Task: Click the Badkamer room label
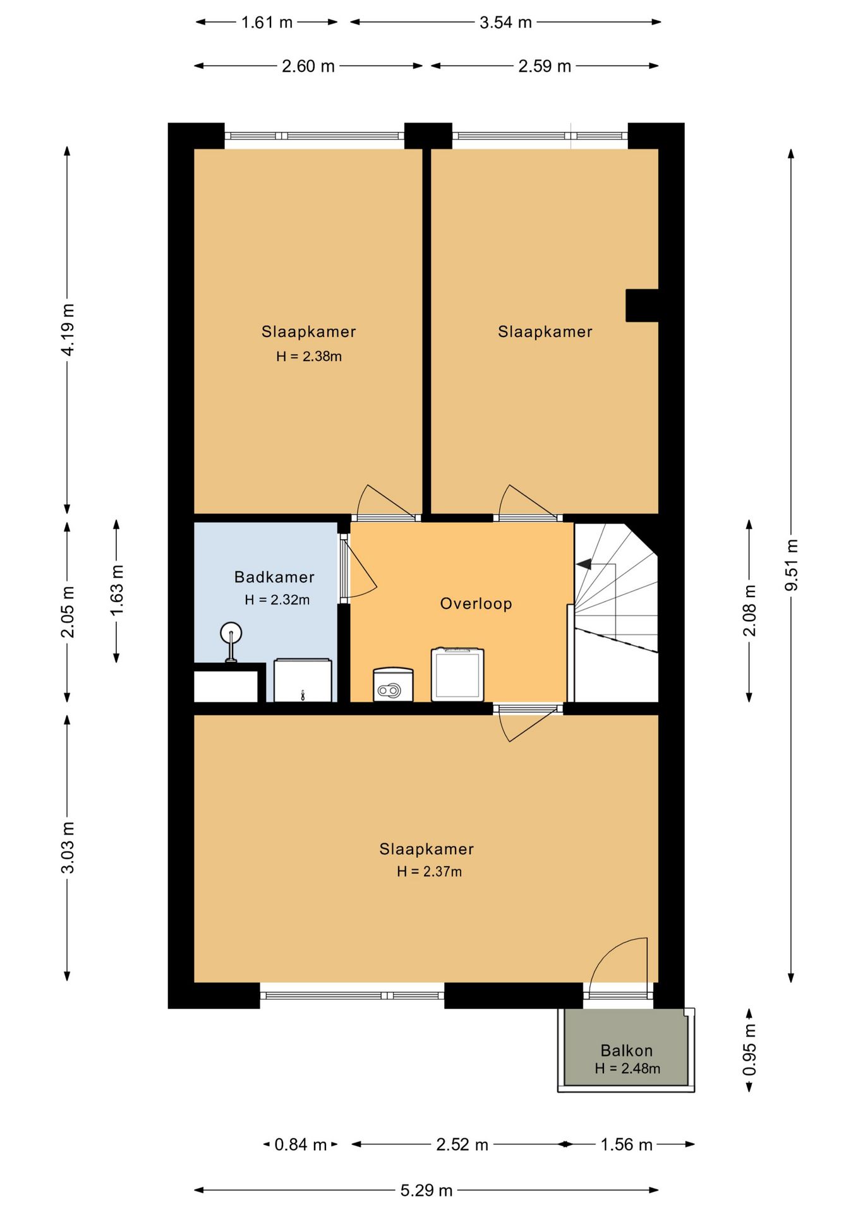pyautogui.click(x=274, y=577)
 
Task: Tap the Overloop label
pyautogui.click(x=476, y=604)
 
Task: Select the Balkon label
pyautogui.click(x=626, y=1050)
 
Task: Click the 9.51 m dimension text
pyautogui.click(x=791, y=565)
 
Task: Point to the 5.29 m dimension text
pyautogui.click(x=426, y=1191)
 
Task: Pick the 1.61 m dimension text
pyautogui.click(x=267, y=23)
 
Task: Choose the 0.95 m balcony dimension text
pyautogui.click(x=749, y=1050)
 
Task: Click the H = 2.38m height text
pyautogui.click(x=309, y=357)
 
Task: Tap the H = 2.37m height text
pyautogui.click(x=430, y=872)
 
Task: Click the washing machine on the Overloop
pyautogui.click(x=457, y=674)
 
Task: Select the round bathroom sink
pyautogui.click(x=231, y=633)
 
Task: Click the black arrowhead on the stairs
pyautogui.click(x=584, y=564)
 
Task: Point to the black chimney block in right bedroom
pyautogui.click(x=642, y=306)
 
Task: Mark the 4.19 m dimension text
pyautogui.click(x=68, y=330)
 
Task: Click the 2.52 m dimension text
pyautogui.click(x=462, y=1144)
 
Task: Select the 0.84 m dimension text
pyautogui.click(x=300, y=1144)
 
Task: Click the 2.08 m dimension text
pyautogui.click(x=749, y=611)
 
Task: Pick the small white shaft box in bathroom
pyautogui.click(x=226, y=687)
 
